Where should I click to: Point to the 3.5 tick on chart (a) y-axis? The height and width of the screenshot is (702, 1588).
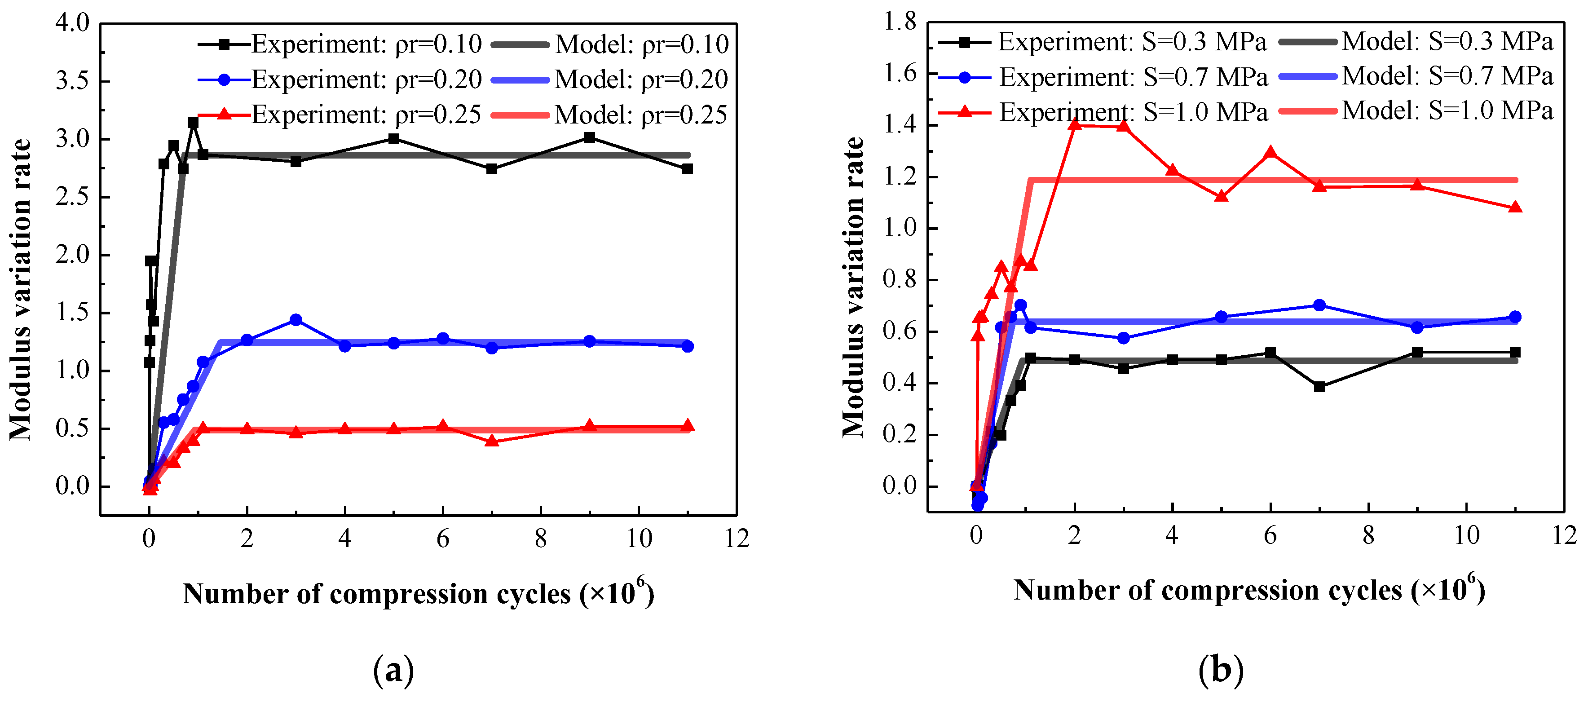click(x=72, y=81)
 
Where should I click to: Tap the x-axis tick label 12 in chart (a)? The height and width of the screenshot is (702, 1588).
click(x=737, y=539)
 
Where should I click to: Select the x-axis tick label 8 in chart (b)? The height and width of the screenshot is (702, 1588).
click(x=1368, y=535)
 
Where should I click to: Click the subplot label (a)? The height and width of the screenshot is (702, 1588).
click(x=393, y=670)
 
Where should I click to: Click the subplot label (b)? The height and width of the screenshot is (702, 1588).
click(x=1221, y=669)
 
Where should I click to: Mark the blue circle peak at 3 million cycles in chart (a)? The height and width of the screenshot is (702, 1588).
click(x=296, y=320)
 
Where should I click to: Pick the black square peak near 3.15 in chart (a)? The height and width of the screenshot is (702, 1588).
click(x=193, y=123)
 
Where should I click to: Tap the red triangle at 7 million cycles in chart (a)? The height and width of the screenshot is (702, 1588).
click(x=491, y=441)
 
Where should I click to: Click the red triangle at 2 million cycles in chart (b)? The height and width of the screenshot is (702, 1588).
click(x=1075, y=124)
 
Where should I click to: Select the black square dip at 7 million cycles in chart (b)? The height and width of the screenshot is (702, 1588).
click(x=1319, y=386)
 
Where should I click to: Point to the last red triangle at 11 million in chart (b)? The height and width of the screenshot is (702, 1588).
click(x=1515, y=207)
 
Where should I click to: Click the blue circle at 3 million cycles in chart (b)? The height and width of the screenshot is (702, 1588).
click(x=1123, y=338)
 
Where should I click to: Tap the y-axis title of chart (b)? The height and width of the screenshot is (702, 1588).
click(x=853, y=287)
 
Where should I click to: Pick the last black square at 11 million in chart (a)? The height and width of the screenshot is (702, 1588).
click(x=688, y=169)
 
